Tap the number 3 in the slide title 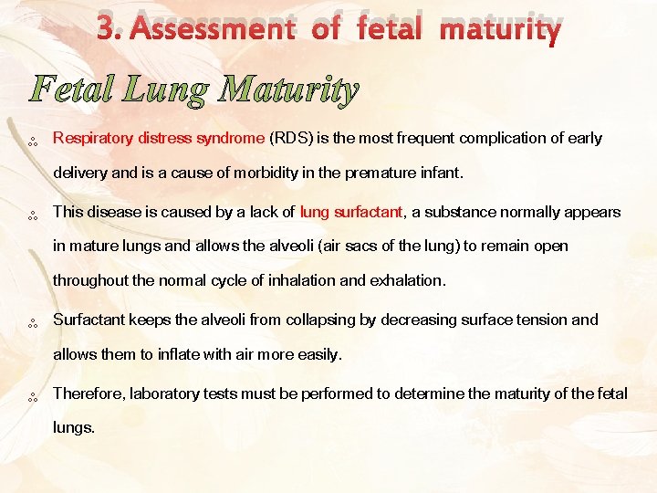point(107,29)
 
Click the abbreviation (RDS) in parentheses point(290,139)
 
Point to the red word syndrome point(228,139)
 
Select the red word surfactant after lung point(367,212)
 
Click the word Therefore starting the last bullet point(89,393)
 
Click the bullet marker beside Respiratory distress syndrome point(32,142)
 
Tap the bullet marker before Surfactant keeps point(32,322)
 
